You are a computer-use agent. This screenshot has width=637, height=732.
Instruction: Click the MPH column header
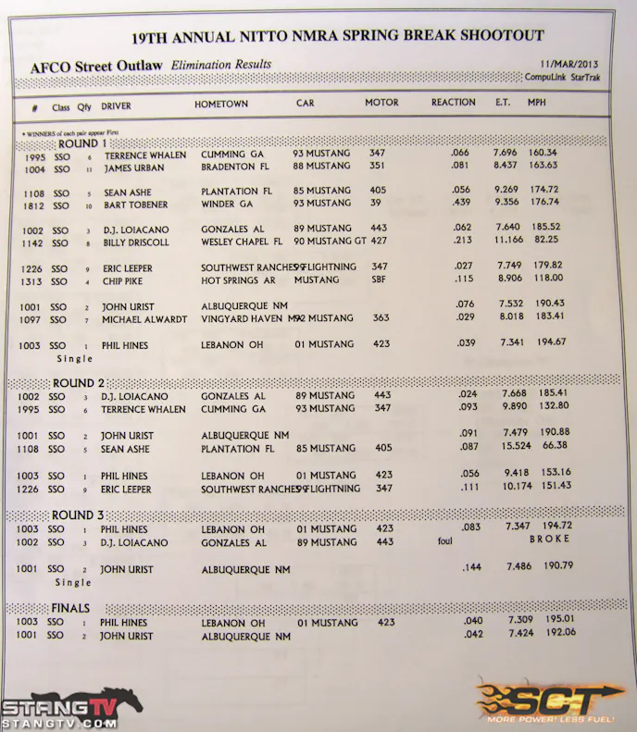coord(537,103)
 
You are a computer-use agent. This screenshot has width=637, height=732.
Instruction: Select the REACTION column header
coord(453,103)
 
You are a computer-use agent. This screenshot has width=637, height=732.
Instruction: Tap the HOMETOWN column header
coord(221,105)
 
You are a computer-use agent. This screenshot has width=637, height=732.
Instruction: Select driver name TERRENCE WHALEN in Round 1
coord(143,155)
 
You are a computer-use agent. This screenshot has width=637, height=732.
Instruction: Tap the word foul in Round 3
coord(444,543)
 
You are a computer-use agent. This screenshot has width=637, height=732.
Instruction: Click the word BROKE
coord(549,538)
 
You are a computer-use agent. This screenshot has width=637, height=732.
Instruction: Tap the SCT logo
coord(546,699)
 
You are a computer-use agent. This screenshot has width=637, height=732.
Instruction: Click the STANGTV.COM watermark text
coord(58,725)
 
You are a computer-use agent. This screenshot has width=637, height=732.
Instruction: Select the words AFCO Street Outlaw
coord(96,68)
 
